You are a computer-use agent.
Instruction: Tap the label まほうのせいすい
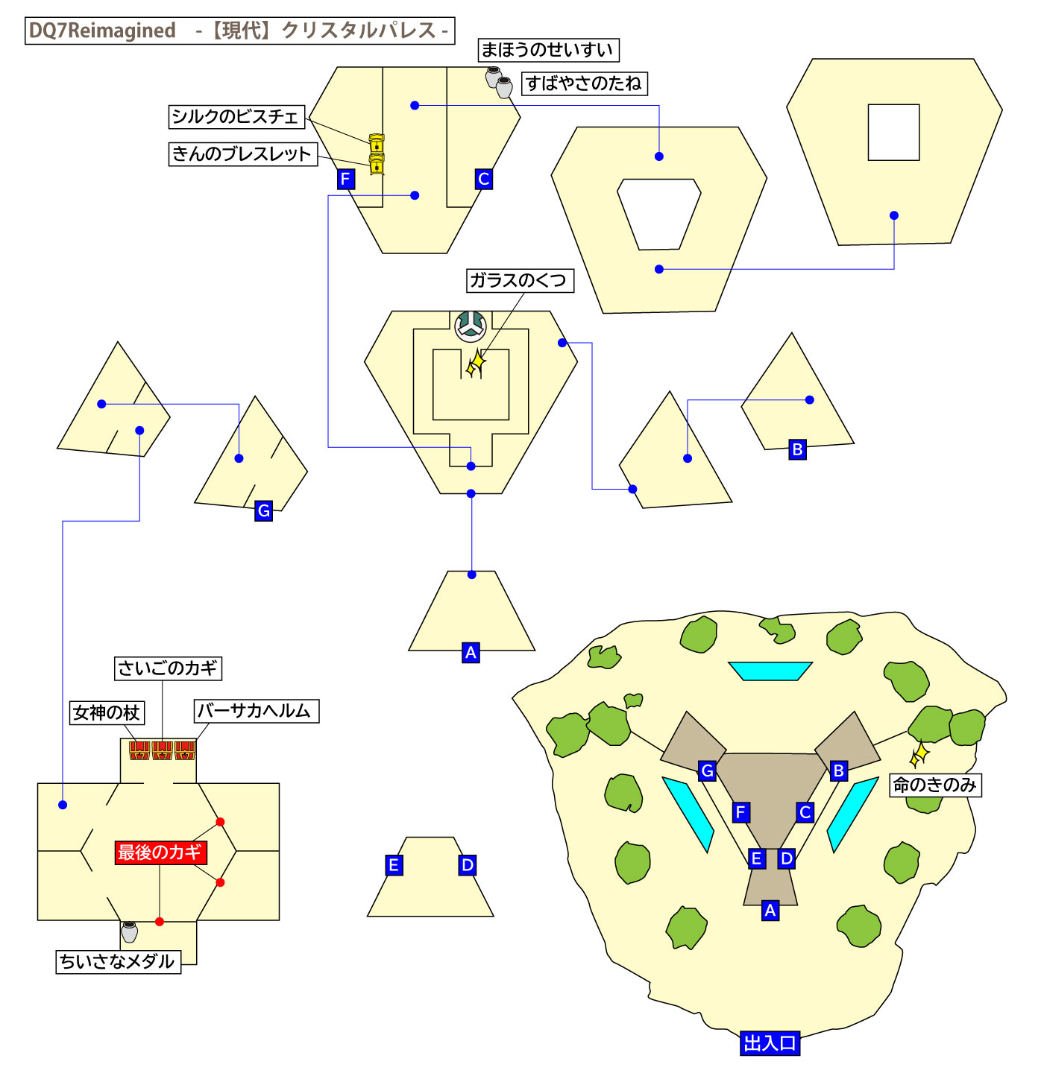coord(548,50)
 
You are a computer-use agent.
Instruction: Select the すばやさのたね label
coord(584,83)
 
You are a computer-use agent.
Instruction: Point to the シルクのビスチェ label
coord(236,117)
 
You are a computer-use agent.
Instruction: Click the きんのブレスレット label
coord(242,154)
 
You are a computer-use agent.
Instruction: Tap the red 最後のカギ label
coord(160,852)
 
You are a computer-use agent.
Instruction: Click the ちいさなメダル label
coord(118,961)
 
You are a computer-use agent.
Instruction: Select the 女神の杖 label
coord(107,712)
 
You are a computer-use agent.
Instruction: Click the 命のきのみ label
coord(935,785)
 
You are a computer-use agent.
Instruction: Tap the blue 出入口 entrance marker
coord(770,1043)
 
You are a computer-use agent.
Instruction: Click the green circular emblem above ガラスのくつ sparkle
coord(471,326)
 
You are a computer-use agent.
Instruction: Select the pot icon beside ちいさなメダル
coord(130,931)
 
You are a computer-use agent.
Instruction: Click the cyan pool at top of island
coord(770,671)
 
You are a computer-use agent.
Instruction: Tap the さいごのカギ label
coord(168,668)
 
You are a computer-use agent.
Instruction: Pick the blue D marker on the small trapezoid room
coord(468,865)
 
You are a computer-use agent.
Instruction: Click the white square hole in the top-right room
coord(893,133)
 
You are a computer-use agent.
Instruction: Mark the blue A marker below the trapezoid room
coord(471,653)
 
